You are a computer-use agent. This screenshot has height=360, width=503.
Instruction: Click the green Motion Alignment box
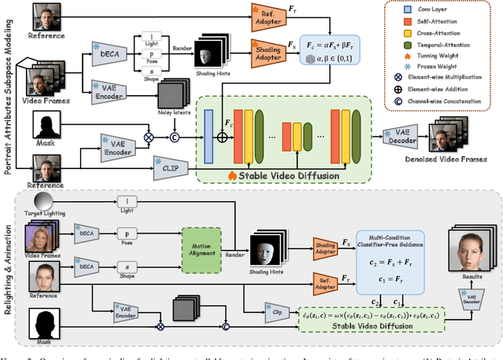(203, 241)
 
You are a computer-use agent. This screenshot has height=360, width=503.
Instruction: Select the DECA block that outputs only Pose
(86, 233)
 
